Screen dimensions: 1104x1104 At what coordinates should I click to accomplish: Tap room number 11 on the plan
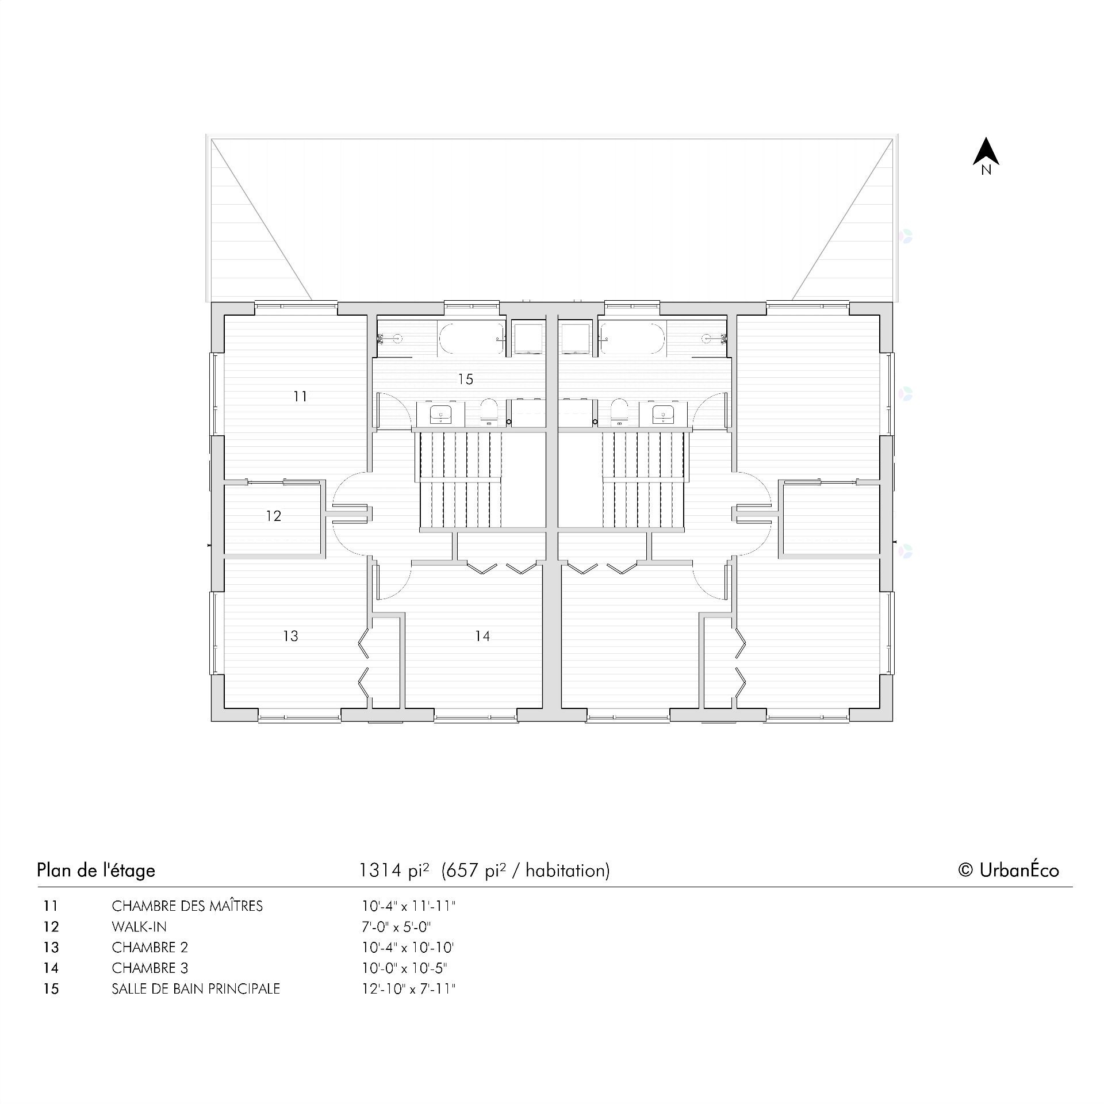(300, 396)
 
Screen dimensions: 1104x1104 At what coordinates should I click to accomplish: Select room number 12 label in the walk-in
(274, 516)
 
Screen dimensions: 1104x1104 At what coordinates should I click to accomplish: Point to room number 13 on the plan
(291, 636)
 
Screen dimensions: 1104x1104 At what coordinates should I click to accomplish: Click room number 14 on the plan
(482, 636)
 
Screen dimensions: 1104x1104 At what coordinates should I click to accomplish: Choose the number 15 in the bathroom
(466, 379)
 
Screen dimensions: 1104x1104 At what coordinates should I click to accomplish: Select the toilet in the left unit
(489, 411)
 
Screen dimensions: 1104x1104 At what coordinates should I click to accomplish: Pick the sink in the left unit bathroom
(441, 413)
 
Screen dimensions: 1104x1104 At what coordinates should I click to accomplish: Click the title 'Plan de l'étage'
(96, 870)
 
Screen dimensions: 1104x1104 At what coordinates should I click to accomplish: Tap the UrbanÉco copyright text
(1009, 870)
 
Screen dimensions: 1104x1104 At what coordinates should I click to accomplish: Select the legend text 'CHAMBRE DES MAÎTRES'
(187, 906)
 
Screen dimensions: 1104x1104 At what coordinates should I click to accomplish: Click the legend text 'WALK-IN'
(139, 927)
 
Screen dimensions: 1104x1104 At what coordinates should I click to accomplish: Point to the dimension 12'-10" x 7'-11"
(408, 989)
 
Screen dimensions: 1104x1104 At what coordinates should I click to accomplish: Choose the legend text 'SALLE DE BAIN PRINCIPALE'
(195, 989)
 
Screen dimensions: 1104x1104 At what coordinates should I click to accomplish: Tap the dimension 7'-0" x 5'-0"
(396, 927)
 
